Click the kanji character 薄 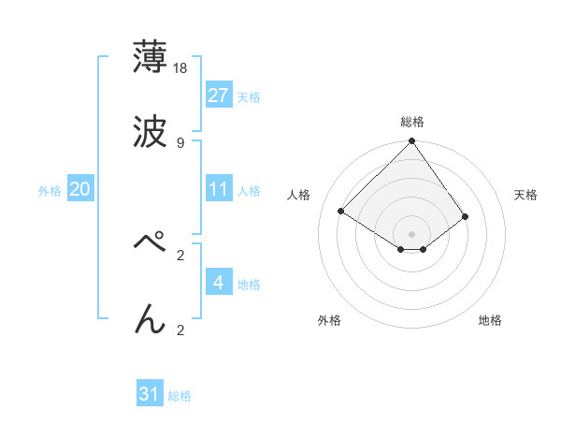[x=151, y=56]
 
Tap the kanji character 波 [x=151, y=133]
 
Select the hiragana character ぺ [x=151, y=242]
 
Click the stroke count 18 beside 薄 [x=181, y=67]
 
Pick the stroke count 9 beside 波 [x=180, y=143]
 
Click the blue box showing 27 [x=219, y=95]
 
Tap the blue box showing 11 [x=219, y=189]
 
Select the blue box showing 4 [x=219, y=283]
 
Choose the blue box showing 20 [x=80, y=189]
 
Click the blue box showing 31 [x=150, y=394]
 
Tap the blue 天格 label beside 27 [x=249, y=96]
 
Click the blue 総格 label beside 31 [x=180, y=395]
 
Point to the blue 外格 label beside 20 [x=50, y=190]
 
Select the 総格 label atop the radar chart [x=412, y=122]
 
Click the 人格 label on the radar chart [x=299, y=195]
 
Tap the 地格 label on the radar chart [x=490, y=320]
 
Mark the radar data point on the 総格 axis [x=412, y=142]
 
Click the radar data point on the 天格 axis [x=465, y=216]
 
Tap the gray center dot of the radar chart [x=412, y=233]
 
